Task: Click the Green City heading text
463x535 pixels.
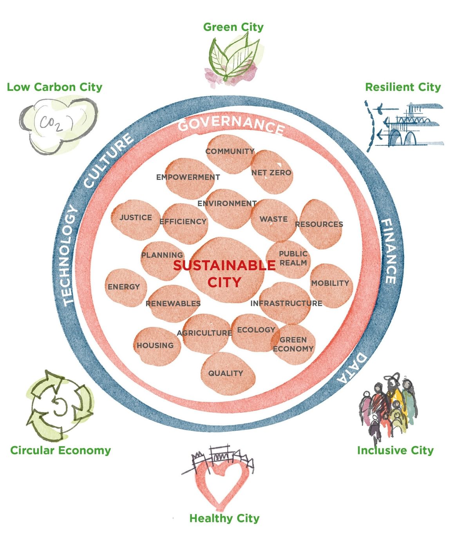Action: click(233, 27)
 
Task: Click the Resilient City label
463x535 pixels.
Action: click(403, 87)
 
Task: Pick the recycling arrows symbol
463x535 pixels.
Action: click(59, 405)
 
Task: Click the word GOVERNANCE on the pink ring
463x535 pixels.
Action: click(231, 123)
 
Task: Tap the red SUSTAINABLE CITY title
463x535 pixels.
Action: click(224, 273)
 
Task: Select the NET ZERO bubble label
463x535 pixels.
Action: click(271, 173)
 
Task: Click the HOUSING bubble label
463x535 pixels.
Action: click(155, 345)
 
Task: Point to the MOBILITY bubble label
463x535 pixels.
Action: click(330, 283)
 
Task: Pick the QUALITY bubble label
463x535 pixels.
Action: click(226, 373)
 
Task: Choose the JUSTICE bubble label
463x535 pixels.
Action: click(136, 217)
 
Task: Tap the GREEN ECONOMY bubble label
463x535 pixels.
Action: click(293, 344)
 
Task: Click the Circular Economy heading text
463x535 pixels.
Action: click(61, 450)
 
